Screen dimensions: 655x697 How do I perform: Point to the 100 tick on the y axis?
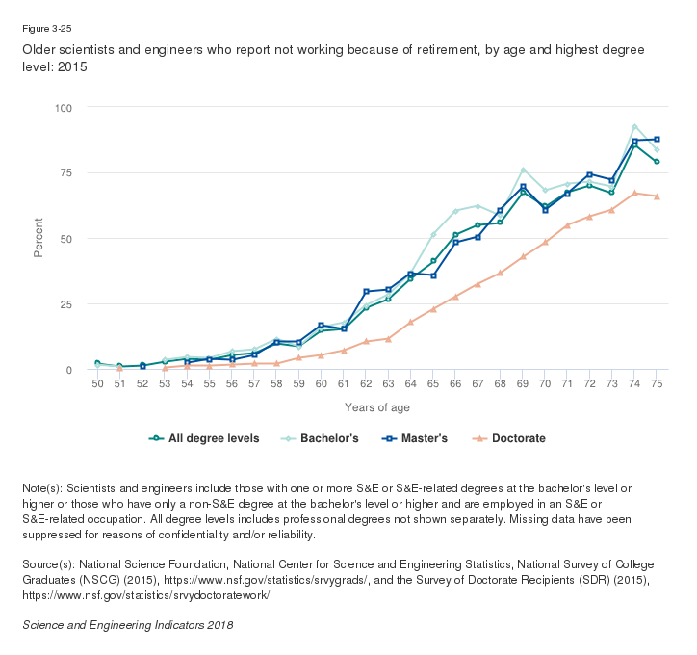coord(64,107)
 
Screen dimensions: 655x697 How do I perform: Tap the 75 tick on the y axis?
coord(66,172)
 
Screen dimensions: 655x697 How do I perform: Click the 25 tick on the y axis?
coord(66,304)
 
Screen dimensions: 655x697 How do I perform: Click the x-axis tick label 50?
coord(97,384)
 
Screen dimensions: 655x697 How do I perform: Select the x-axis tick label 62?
coord(366,384)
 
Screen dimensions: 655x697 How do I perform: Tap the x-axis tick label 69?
coord(523,384)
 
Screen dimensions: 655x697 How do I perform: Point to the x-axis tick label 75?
coord(657,384)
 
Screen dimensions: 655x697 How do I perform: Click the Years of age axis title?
coord(377,407)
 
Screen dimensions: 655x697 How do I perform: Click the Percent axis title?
coord(39,238)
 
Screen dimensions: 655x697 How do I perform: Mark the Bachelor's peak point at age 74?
coord(634,126)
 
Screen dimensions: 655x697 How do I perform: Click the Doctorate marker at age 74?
coord(634,193)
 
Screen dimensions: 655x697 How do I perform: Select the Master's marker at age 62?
coord(366,291)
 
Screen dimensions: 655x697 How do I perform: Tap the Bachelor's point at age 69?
coord(523,170)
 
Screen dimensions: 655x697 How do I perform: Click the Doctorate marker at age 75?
coord(657,196)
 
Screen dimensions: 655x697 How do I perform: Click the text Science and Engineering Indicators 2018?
coord(127,624)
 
